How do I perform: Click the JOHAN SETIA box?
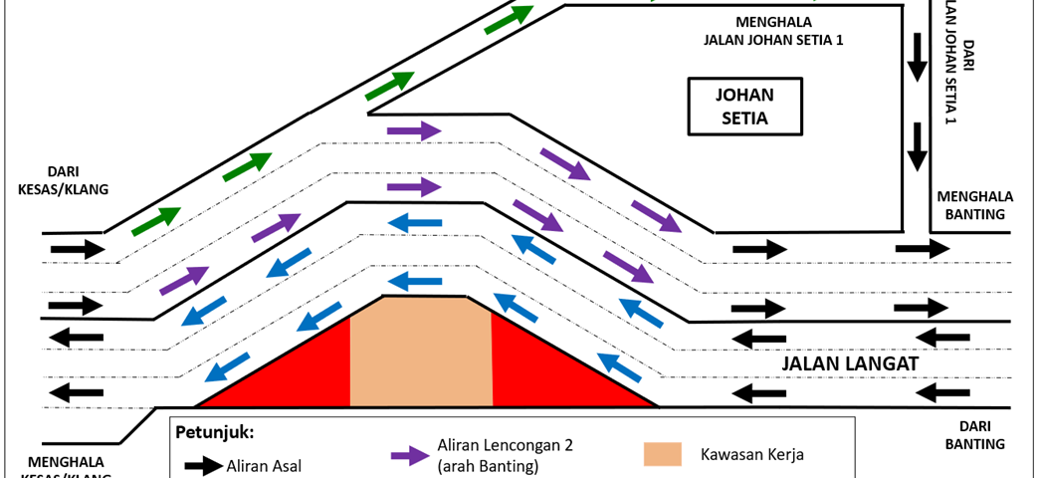[x=744, y=108]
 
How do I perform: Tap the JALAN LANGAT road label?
[x=848, y=363]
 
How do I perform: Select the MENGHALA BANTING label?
[x=973, y=205]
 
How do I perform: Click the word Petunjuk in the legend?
[x=213, y=433]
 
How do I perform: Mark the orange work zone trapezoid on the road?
[x=421, y=354]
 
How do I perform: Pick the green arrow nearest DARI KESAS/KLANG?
[x=156, y=220]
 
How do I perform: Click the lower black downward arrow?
[x=916, y=146]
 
